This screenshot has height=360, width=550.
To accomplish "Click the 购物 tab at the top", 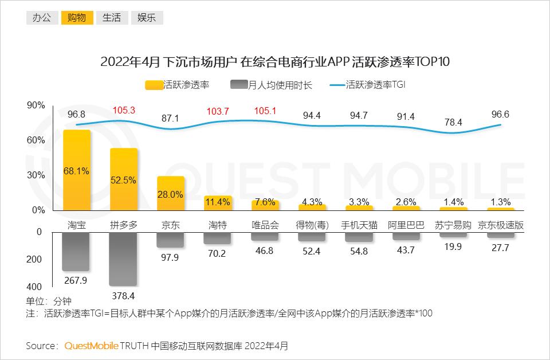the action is click(77, 18).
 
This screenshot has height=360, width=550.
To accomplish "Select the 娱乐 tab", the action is click(147, 18).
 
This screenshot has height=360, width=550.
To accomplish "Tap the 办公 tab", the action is click(42, 18).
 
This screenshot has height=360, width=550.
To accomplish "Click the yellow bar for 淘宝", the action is click(76, 170).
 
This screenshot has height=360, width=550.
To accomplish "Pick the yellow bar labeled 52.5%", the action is click(124, 179).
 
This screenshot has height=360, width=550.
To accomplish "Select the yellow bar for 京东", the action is click(171, 193).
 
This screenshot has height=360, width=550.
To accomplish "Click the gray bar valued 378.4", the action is click(123, 259).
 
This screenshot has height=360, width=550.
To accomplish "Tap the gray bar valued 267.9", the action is click(76, 252).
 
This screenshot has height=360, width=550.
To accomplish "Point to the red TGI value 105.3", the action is click(124, 110).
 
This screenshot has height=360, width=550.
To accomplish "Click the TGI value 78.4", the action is click(453, 122).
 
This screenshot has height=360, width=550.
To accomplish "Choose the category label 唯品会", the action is click(265, 225).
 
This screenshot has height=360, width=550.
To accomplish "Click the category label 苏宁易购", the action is click(453, 225).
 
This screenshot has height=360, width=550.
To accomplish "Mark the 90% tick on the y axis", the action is click(36, 105).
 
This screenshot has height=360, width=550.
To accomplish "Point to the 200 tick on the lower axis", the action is click(34, 259).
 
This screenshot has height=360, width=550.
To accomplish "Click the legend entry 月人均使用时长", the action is click(271, 85).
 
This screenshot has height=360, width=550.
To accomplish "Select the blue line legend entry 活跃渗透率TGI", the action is click(367, 85).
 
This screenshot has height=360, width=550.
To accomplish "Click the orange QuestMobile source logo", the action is click(91, 346).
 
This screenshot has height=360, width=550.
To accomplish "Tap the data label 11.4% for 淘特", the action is click(218, 202).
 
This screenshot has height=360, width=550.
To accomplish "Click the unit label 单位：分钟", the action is click(49, 301).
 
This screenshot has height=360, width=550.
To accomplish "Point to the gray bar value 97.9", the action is click(170, 257).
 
